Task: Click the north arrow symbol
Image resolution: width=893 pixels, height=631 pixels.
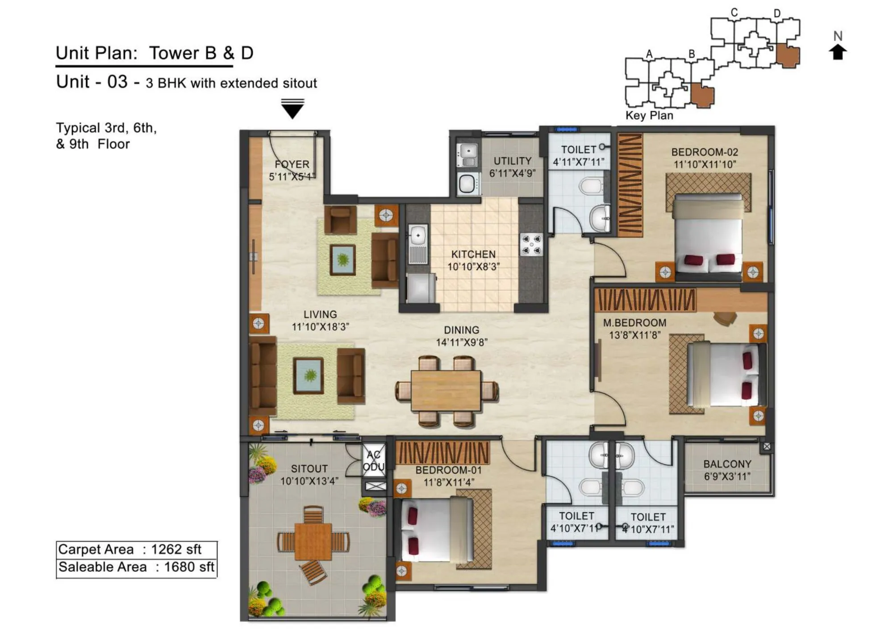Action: pos(838,52)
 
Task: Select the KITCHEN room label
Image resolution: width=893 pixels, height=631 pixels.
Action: pos(473,254)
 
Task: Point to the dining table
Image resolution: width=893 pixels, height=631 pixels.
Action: pos(446,390)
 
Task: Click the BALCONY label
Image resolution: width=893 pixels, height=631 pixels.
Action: pos(727,464)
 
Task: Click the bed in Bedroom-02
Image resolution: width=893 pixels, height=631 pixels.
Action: pos(708,237)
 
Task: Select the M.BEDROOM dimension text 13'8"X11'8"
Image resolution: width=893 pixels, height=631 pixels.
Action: pos(634,335)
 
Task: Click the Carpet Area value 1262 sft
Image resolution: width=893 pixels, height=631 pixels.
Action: pos(176,549)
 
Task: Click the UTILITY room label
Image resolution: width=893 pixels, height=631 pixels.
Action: pos(512,161)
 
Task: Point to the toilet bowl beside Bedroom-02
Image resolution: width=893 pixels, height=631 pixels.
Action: pos(590,186)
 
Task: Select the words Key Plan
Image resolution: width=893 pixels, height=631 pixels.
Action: pos(649,116)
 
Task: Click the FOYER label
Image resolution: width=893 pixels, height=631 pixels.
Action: pos(292,164)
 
